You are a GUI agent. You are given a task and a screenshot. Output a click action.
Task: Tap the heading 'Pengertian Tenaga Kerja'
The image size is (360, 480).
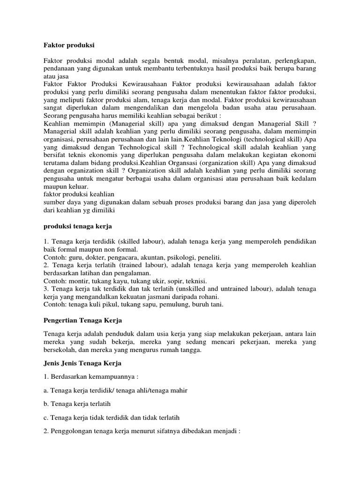point(82,320)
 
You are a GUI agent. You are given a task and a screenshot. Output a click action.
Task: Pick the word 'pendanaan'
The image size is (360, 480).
point(60,69)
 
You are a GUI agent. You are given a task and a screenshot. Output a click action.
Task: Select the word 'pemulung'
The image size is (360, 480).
point(166,304)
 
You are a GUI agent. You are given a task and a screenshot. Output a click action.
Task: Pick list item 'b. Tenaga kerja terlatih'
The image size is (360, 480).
point(80,403)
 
